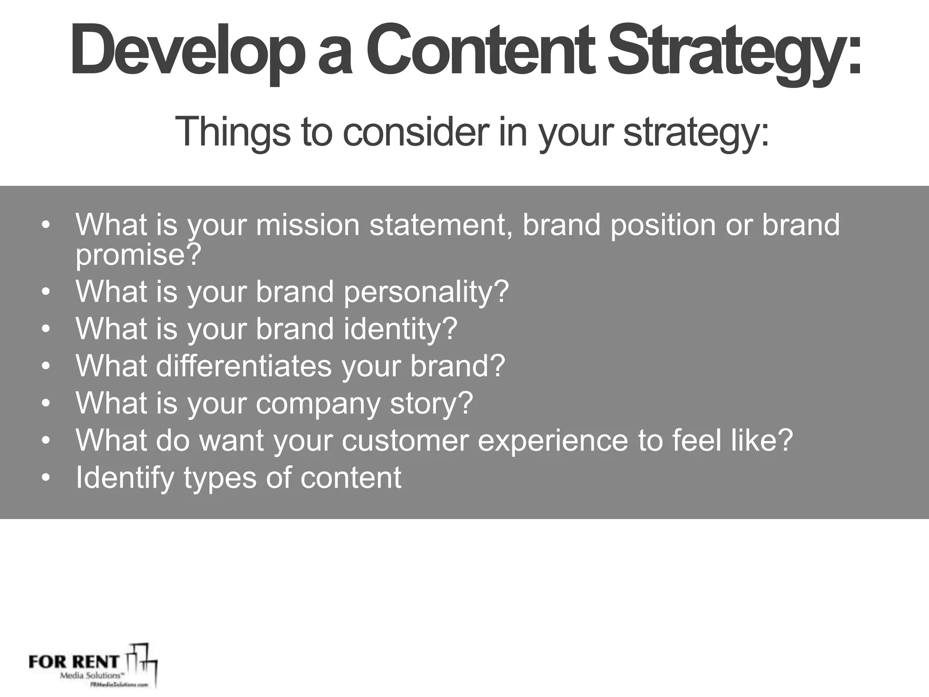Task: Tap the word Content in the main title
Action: [x=481, y=50]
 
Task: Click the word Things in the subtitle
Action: [x=232, y=132]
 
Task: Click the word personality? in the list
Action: [x=426, y=291]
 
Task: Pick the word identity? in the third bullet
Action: [x=400, y=329]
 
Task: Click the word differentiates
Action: [x=244, y=366]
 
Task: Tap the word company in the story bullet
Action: [x=318, y=403]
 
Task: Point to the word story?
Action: [x=431, y=403]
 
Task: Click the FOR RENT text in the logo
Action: [x=73, y=662]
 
